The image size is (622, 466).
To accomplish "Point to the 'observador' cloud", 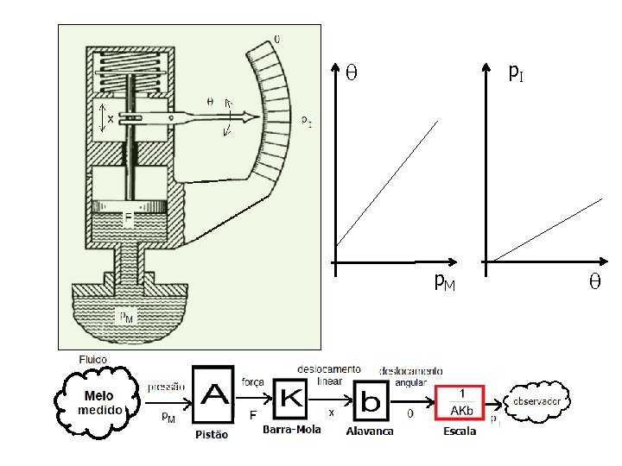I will (x=540, y=401).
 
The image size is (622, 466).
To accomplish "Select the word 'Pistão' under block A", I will (x=212, y=435).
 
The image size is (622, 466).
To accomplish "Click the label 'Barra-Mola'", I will (x=291, y=429).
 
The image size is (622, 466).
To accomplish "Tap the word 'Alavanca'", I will (x=370, y=431).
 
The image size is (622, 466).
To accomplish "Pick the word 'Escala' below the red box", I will (x=460, y=431).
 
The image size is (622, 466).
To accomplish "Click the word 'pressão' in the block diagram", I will (x=166, y=387).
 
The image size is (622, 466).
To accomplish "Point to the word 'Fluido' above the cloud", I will (x=93, y=359).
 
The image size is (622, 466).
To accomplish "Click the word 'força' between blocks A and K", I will (x=253, y=382).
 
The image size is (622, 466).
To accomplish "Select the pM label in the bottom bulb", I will (x=127, y=317).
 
